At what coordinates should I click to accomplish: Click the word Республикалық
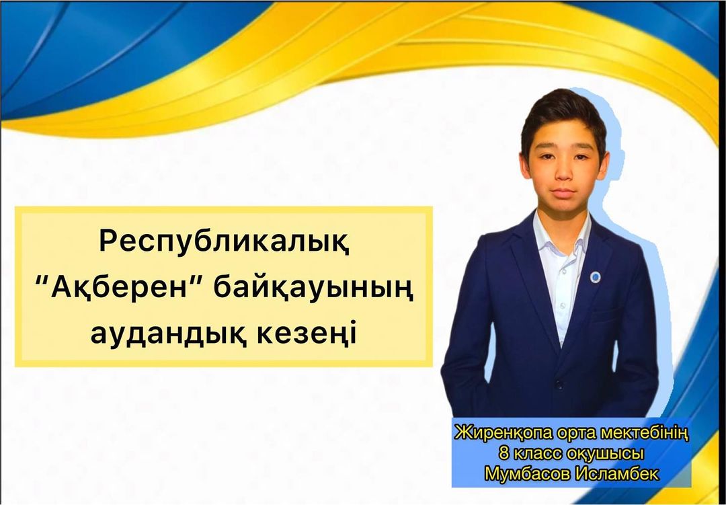(224, 242)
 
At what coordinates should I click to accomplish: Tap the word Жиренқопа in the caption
(503, 434)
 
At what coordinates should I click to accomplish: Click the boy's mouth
(563, 192)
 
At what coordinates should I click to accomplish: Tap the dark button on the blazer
(559, 384)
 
